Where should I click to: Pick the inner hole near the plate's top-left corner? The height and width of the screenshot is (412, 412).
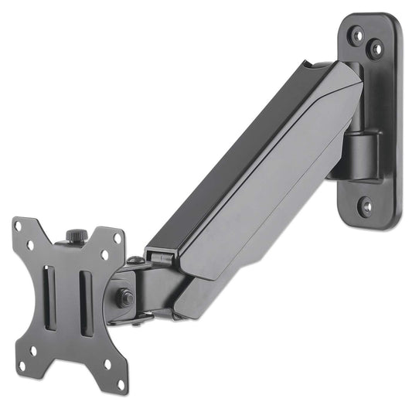31,246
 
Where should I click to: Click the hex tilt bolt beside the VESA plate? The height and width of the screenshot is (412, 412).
126,296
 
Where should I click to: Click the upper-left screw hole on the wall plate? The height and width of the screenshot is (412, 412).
357,35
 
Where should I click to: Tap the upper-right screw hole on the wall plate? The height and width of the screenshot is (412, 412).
376,49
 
